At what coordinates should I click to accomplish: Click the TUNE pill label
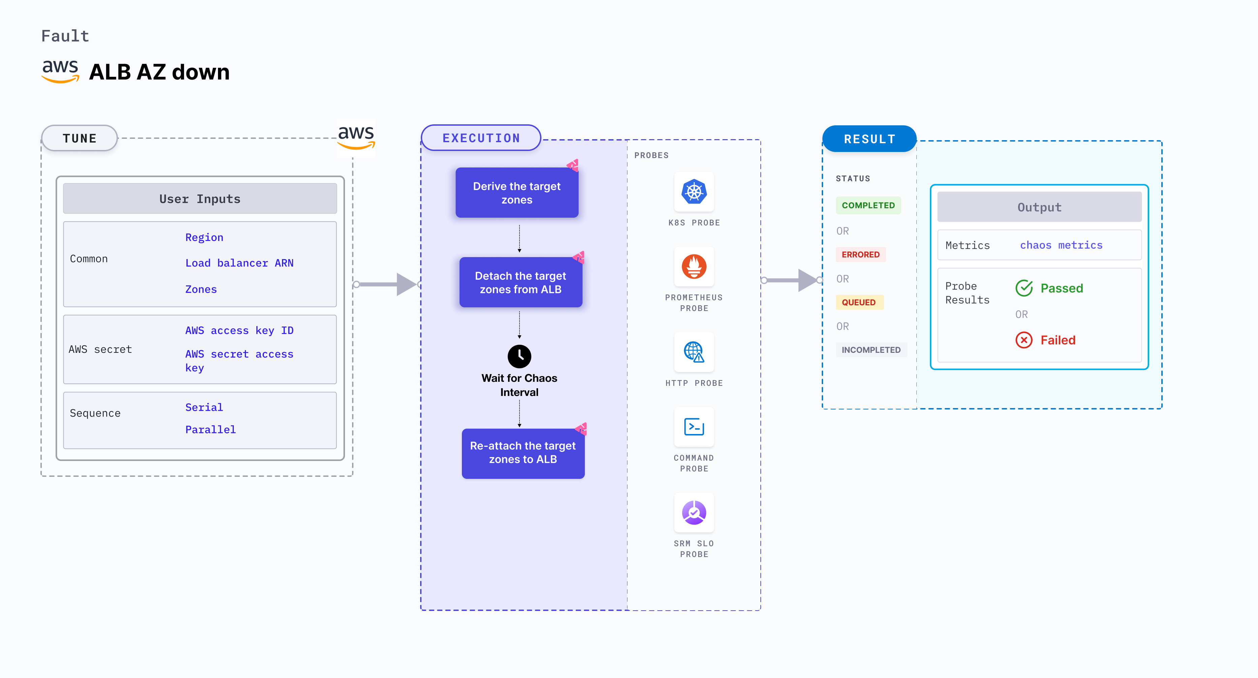80,138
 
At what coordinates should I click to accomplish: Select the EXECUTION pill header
481,138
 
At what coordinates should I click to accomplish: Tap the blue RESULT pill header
869,139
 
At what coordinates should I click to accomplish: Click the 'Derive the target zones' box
517,193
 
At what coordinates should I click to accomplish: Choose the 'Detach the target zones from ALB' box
521,282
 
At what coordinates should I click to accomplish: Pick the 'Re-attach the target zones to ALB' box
523,453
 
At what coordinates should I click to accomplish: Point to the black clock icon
519,357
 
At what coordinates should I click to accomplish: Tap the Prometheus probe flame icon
694,267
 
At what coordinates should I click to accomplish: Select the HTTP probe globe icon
694,352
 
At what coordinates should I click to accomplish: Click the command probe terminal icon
694,427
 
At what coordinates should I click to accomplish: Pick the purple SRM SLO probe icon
694,513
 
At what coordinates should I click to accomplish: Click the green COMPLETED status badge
868,206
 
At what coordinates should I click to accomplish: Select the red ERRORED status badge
860,254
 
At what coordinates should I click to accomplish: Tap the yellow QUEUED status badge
858,302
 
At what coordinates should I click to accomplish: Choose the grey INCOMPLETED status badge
871,350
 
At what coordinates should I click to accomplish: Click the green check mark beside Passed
1024,288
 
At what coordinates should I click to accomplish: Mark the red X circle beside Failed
1024,340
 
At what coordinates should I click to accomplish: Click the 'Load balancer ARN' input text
239,263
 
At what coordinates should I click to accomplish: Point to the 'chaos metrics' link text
1061,245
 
